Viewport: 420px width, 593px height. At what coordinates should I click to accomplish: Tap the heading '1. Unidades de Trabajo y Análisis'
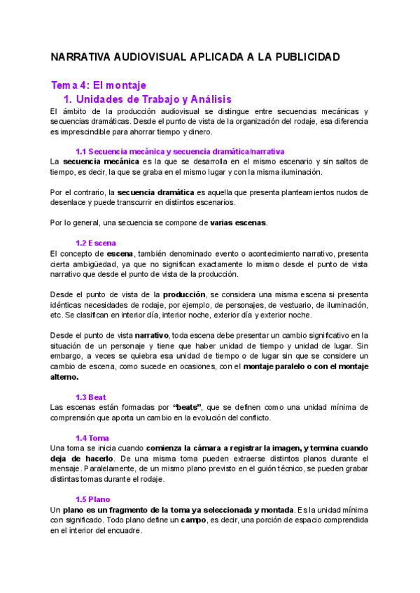pyautogui.click(x=147, y=99)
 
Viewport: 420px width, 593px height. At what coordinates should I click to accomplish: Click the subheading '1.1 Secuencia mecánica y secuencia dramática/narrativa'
pyautogui.click(x=180, y=151)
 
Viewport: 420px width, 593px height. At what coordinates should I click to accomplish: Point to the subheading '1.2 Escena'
pyautogui.click(x=96, y=242)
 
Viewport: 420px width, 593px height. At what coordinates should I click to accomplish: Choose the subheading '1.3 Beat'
pyautogui.click(x=91, y=396)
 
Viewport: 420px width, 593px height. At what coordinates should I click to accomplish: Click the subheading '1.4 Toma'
pyautogui.click(x=92, y=438)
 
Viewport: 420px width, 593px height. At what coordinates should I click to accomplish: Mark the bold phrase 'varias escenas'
pyautogui.click(x=238, y=223)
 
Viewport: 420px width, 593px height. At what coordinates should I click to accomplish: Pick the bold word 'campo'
pyautogui.click(x=192, y=520)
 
